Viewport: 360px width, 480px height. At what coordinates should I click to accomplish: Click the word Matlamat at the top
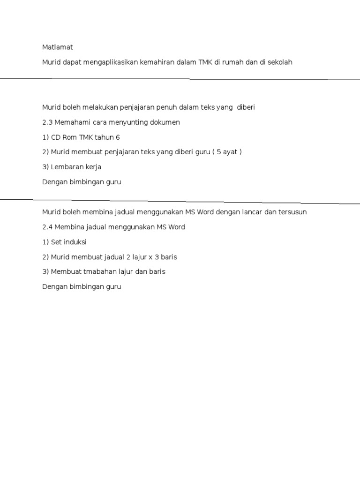58,47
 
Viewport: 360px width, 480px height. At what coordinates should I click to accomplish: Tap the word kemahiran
156,62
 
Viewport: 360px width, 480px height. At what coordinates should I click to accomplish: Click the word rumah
233,62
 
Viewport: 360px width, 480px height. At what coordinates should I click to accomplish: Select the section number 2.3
47,122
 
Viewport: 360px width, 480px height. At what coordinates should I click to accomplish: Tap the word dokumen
165,122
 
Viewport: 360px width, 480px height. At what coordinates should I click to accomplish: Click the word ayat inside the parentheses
228,152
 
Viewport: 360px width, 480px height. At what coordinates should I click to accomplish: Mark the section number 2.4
47,227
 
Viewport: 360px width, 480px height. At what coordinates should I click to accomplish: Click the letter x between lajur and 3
150,257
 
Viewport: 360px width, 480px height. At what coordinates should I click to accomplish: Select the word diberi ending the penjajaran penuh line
246,107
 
